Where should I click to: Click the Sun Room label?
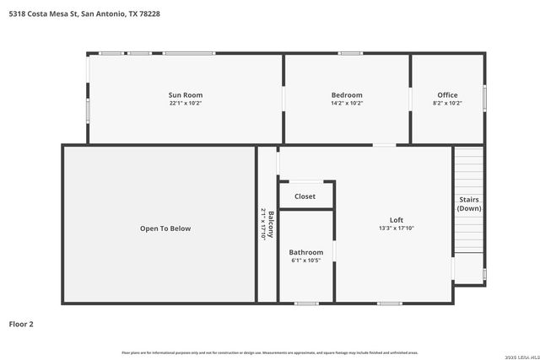coord(186,94)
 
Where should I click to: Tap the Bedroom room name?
coord(347,94)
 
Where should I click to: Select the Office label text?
coord(447,94)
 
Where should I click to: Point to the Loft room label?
coord(396,220)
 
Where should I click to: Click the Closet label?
coord(305,196)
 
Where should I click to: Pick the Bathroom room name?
coord(305,252)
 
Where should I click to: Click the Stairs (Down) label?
coord(469,204)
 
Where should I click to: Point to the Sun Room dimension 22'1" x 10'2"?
coord(186,103)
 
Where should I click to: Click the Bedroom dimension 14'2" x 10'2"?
coord(347,103)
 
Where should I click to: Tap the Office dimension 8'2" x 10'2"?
coord(447,103)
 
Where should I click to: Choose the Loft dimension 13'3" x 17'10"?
coord(396,228)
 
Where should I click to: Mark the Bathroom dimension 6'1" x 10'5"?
coord(305,261)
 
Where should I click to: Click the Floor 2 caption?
coord(21,324)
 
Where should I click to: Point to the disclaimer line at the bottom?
coord(270,352)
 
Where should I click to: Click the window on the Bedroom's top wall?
coord(350,54)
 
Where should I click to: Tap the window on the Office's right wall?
coord(484,94)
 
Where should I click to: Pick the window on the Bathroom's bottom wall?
coord(306,303)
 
